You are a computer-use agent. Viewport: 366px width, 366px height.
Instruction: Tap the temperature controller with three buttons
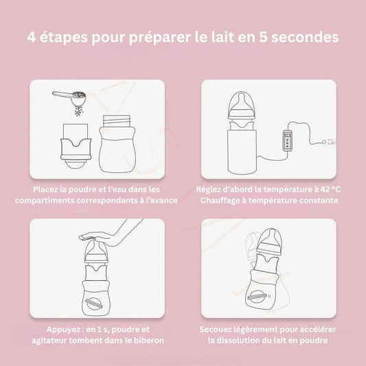(288, 141)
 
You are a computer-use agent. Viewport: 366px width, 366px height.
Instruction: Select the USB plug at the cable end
(329, 141)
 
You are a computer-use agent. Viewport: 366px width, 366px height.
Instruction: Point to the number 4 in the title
(32, 37)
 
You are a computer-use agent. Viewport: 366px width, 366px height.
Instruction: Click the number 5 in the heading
(263, 37)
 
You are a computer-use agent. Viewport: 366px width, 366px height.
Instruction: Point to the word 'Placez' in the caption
(45, 190)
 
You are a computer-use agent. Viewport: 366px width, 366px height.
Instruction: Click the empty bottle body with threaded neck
(117, 144)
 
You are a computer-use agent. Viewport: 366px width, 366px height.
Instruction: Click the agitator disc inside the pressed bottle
(94, 304)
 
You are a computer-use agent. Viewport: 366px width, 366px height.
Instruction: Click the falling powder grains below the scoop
(79, 111)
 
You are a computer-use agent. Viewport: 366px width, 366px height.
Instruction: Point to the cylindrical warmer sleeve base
(242, 152)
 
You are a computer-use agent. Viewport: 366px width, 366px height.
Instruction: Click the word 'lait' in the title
(225, 37)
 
